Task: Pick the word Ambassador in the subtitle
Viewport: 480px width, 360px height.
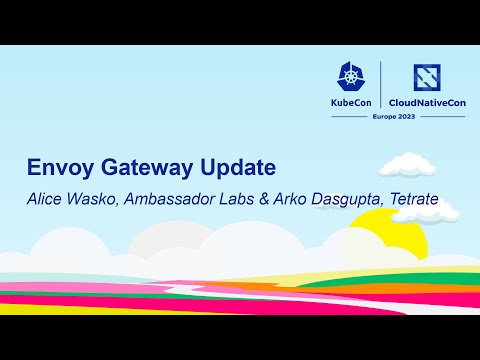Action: pyautogui.click(x=172, y=199)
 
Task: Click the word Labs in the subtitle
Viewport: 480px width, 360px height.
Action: pyautogui.click(x=240, y=199)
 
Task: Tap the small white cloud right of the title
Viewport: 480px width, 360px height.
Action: pyautogui.click(x=404, y=163)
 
